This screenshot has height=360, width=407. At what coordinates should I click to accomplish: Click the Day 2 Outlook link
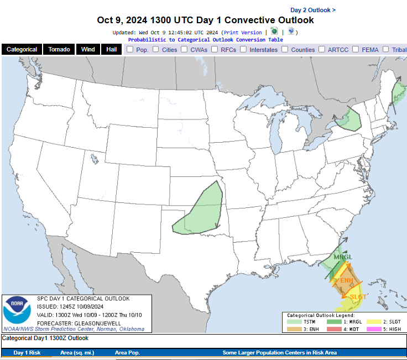click(x=312, y=10)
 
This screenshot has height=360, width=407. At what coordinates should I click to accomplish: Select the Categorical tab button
click(x=22, y=49)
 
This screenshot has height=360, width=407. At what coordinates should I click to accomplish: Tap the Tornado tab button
click(x=59, y=49)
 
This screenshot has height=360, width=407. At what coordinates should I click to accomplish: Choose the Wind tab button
click(x=88, y=49)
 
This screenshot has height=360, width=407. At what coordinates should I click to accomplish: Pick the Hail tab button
click(x=111, y=49)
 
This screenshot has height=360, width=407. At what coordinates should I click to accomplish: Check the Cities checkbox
click(x=156, y=49)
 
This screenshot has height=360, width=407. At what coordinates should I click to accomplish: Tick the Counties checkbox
click(x=285, y=49)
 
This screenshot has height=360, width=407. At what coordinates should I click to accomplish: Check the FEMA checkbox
click(x=355, y=49)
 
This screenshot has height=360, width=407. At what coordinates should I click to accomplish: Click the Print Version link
click(x=243, y=33)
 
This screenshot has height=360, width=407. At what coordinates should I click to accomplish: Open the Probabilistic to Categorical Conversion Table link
click(x=206, y=40)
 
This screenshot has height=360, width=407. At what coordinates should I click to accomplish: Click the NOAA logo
click(x=18, y=311)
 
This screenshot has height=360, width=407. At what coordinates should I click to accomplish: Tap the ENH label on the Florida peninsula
click(x=347, y=280)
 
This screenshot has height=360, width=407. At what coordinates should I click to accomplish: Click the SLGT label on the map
click(x=358, y=297)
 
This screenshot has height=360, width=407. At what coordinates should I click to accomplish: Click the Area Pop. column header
click(x=127, y=352)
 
